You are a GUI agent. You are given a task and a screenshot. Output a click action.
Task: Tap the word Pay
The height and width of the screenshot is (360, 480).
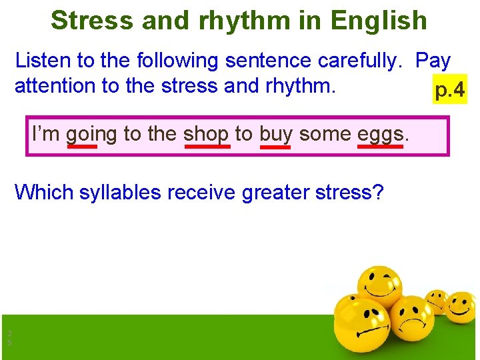click(x=433, y=61)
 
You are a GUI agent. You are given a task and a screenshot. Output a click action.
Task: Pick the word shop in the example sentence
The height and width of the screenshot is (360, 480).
click(x=205, y=134)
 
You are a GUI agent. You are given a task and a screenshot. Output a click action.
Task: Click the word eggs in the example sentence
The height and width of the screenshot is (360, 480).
click(x=381, y=134)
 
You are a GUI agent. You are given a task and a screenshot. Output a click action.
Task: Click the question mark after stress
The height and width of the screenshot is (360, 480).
click(x=379, y=193)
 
